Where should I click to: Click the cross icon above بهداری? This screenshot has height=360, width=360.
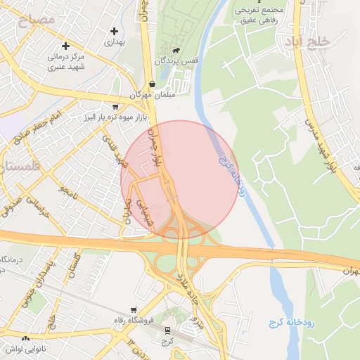(115, 31)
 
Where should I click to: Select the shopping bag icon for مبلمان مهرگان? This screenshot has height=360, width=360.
(152, 84)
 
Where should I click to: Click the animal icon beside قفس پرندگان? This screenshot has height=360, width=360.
(175, 51)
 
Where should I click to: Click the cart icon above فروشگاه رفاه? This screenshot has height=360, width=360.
(133, 309)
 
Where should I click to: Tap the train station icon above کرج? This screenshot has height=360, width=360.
(167, 330)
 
